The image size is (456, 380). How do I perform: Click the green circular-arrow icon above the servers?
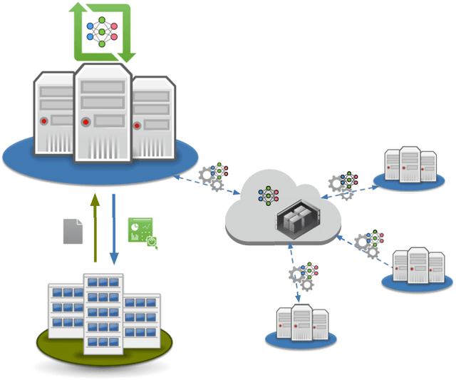tap(102, 32)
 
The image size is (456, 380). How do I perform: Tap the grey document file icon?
tap(73, 231)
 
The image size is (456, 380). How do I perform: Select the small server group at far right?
tap(419, 267)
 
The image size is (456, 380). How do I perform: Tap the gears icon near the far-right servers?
tap(366, 245)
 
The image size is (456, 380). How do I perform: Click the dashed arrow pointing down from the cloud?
tap(291, 274)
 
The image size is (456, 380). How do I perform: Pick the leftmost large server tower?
tap(53, 114)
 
